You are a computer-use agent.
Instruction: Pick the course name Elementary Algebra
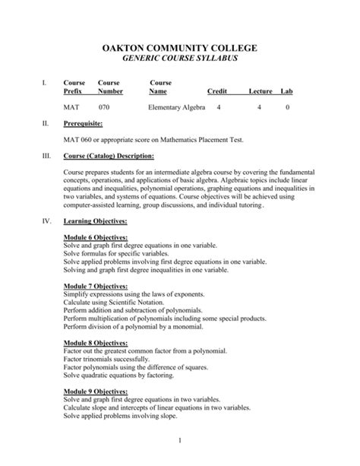[177, 108]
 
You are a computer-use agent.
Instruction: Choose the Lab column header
[286, 91]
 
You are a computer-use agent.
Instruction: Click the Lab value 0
[287, 108]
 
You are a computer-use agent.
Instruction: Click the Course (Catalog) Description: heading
[109, 157]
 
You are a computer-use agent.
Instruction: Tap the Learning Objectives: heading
[95, 221]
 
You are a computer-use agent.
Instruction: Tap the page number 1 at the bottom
[180, 441]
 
